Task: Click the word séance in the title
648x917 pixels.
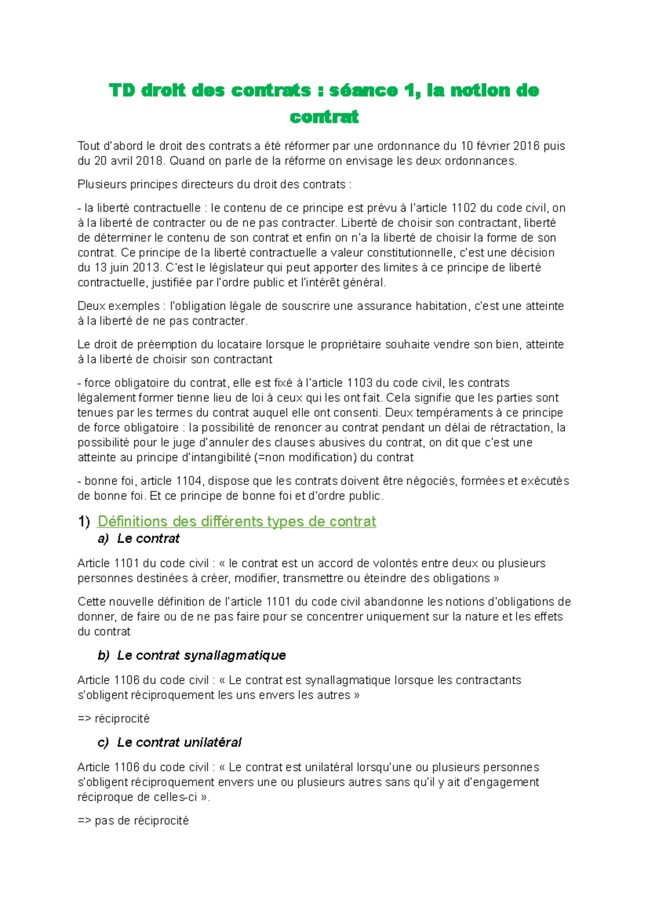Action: tap(363, 90)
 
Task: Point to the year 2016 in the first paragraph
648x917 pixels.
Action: tap(526, 146)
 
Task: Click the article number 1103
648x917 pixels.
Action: tap(360, 383)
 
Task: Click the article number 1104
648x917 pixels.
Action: tap(188, 481)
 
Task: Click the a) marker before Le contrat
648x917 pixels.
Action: tap(103, 539)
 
